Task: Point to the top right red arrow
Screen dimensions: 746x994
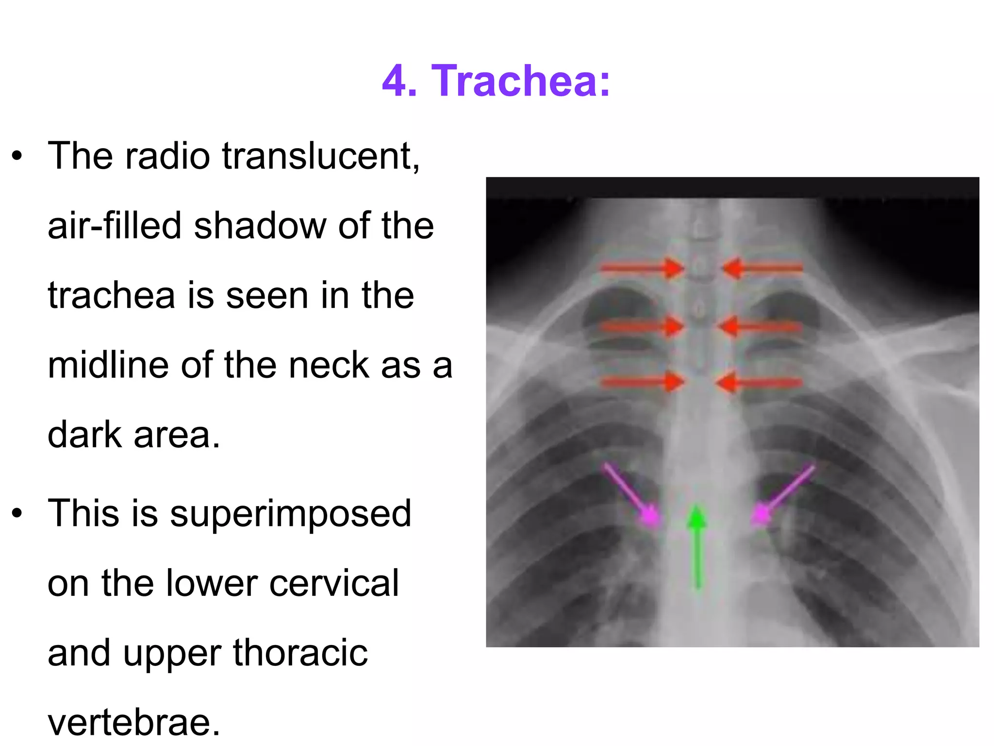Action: click(762, 268)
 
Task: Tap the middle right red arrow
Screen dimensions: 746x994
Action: click(760, 327)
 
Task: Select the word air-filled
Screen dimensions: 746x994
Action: click(115, 226)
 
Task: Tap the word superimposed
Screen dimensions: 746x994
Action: click(290, 514)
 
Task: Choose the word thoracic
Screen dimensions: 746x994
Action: click(300, 653)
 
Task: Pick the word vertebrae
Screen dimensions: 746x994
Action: click(134, 722)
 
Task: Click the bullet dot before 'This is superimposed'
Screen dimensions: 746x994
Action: click(17, 513)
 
